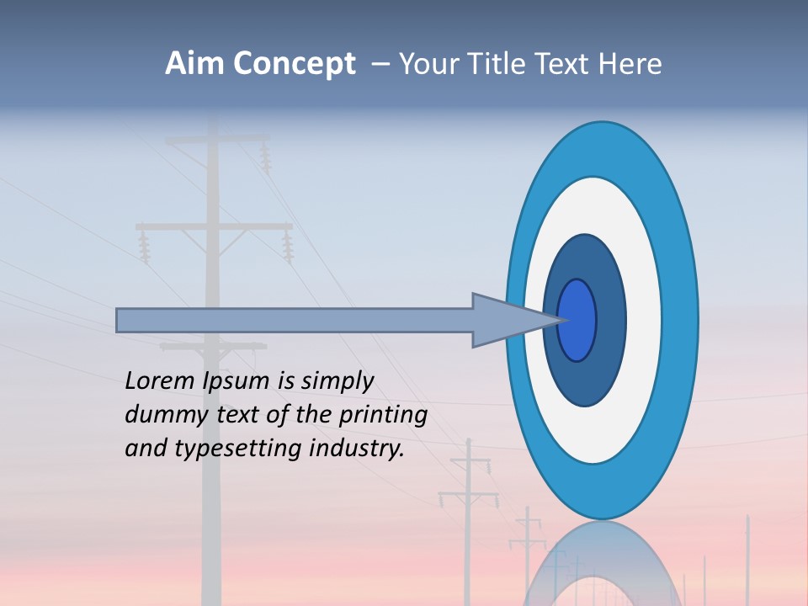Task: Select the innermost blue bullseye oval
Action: pos(577,320)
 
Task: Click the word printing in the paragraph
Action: pos(383,416)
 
